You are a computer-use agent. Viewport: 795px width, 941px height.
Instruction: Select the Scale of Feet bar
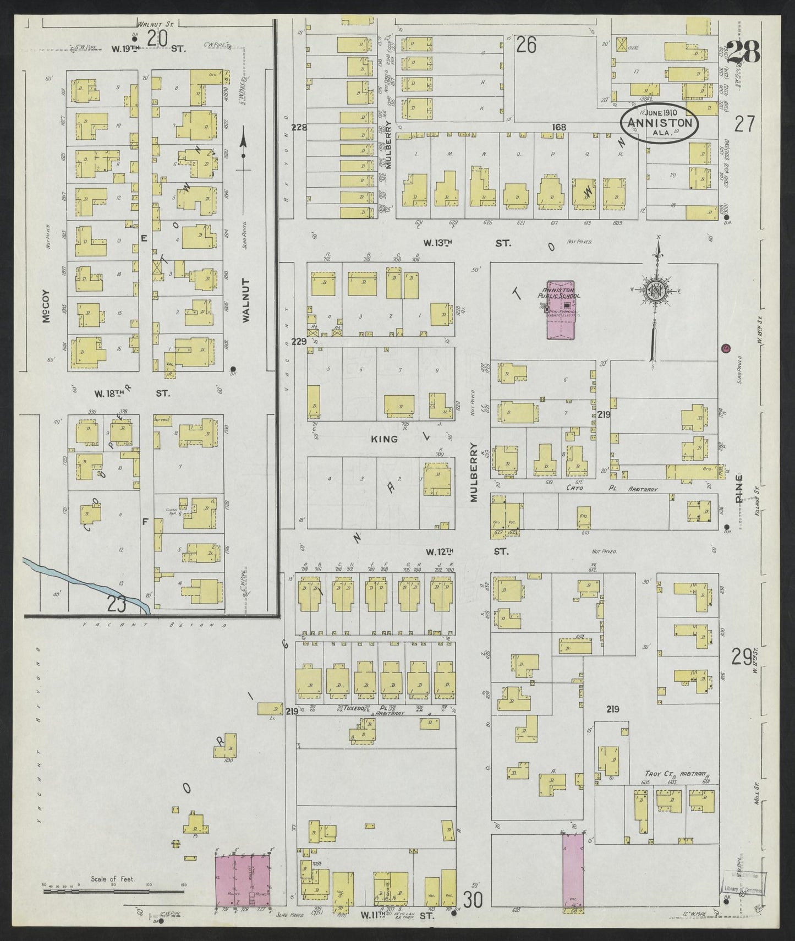113,905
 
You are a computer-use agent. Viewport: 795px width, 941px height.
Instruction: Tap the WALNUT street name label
245,300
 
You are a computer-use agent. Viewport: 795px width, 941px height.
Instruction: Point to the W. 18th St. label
131,393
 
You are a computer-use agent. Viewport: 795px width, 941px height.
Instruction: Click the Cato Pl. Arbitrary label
603,488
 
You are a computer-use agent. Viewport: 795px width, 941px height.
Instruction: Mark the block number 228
299,128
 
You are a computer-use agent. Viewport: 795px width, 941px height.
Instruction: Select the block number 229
299,341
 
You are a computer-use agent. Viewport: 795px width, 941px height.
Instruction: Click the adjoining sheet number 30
473,900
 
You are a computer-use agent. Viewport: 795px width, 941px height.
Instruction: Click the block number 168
560,128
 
